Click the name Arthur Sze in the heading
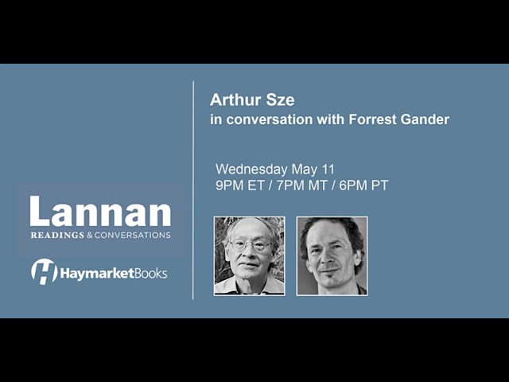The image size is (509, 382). pos(252,99)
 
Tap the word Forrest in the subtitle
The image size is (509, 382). pos(373,119)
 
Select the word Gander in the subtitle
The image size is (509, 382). pos(425,119)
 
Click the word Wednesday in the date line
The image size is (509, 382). pos(251,170)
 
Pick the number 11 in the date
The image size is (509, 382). pos(328,170)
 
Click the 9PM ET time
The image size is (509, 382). pos(239,185)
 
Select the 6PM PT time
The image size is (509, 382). pos(363,185)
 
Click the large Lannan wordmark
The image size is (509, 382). pos(100,212)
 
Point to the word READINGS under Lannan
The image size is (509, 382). pos(57,235)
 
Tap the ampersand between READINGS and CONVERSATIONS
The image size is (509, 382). pos(89,235)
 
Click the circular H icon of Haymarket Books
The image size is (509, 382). pos(45,271)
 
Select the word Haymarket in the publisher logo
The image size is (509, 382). pos(97,274)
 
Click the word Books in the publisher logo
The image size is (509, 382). pos(151,274)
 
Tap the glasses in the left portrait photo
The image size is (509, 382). pos(250,245)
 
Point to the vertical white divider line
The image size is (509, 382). pos(193,190)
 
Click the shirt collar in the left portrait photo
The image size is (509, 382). pos(249,286)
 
